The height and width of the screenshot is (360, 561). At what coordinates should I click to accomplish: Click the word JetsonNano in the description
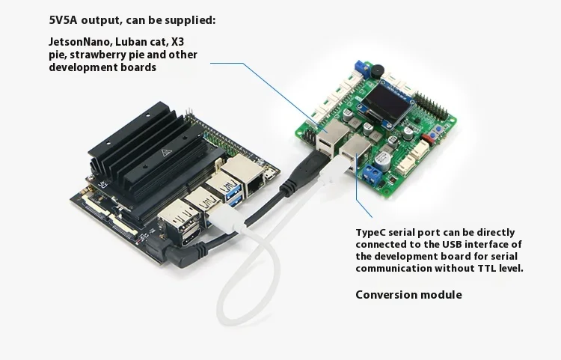(x=81, y=42)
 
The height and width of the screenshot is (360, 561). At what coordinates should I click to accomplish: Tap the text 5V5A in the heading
(x=63, y=20)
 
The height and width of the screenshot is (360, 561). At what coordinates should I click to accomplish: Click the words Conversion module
(x=408, y=295)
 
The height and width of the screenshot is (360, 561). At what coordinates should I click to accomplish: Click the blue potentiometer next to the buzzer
(x=360, y=66)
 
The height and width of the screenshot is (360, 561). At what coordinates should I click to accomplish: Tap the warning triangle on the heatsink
(x=165, y=152)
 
